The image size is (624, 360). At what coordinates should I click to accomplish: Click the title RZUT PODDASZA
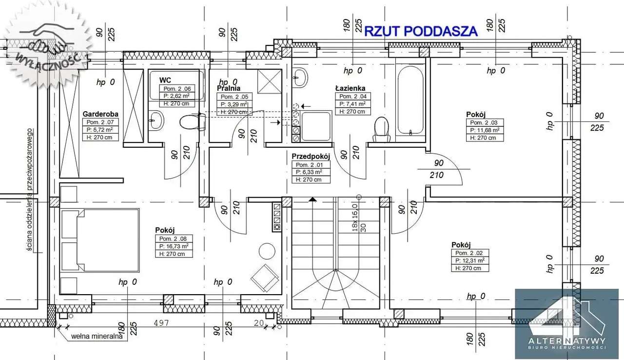(x=421, y=31)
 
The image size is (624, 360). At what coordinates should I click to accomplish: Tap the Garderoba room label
(x=100, y=114)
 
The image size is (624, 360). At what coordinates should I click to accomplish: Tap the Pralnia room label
(x=228, y=88)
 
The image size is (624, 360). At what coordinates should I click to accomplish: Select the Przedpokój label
(x=311, y=157)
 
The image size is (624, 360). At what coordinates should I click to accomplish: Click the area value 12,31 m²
(x=471, y=260)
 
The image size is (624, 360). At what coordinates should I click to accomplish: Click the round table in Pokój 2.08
(x=267, y=251)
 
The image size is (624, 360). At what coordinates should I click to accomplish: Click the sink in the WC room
(x=156, y=120)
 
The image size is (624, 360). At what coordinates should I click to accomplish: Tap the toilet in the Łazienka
(x=381, y=128)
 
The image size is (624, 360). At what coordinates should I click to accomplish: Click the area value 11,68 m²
(x=484, y=130)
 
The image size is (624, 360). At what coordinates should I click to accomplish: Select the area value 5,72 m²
(x=100, y=130)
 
